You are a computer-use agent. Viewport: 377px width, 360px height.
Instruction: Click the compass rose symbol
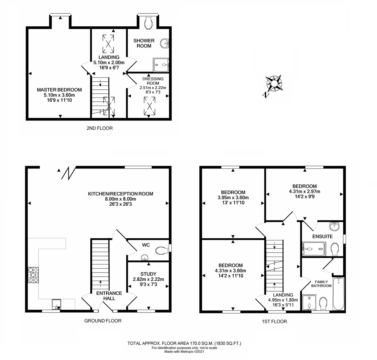tap(273, 84)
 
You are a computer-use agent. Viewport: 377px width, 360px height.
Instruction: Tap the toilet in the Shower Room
tap(148, 22)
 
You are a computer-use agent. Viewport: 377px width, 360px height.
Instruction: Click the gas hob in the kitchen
tap(33, 275)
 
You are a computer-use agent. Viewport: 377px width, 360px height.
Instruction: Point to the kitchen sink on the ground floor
tap(56, 304)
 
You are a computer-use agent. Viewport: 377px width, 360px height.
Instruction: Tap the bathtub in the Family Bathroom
tap(339, 293)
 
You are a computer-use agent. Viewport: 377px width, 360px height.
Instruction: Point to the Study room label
tap(148, 274)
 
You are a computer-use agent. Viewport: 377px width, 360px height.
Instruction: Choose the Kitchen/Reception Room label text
tap(120, 194)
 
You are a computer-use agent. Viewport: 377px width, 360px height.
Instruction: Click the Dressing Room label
tap(153, 81)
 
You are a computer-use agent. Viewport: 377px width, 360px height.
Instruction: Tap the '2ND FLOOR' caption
tap(100, 128)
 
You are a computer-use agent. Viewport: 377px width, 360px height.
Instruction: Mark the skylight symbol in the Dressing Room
tap(150, 106)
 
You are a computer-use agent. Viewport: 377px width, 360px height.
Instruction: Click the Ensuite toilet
tap(335, 249)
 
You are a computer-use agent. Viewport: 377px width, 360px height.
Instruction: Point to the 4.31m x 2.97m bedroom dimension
tap(304, 191)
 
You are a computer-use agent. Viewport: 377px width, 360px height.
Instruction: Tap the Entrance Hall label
tap(109, 296)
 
